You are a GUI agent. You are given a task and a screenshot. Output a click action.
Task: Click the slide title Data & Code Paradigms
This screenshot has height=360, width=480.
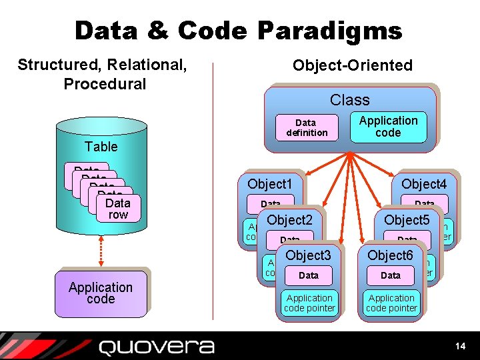239,31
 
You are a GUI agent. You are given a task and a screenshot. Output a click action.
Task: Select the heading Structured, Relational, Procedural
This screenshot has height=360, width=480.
102,74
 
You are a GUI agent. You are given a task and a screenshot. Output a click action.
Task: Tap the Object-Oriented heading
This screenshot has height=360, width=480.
352,65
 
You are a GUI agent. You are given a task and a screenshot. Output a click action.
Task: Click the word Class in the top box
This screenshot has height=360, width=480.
349,100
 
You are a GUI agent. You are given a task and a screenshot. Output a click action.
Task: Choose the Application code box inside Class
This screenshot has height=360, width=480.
388,127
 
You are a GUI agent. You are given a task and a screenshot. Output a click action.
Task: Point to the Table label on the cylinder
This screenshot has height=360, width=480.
101,147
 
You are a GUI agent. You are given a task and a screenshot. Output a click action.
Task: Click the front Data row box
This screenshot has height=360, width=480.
118,208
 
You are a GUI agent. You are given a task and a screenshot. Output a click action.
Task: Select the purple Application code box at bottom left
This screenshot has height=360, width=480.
101,293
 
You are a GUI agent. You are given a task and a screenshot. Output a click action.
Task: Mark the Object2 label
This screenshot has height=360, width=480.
290,220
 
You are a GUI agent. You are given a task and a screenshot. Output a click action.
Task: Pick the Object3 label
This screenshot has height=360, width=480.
308,255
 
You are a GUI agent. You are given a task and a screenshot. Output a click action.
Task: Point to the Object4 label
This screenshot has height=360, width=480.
424,183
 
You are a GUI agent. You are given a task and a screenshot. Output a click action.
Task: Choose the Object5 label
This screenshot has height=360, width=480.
407,220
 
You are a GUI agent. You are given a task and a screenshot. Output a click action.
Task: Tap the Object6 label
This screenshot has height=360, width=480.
390,255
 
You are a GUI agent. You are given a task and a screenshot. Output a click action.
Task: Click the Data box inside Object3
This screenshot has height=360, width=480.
309,275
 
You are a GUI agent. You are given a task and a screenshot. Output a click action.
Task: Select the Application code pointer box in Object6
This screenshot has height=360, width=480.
391,303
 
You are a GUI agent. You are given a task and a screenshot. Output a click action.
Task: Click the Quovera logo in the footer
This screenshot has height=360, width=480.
157,347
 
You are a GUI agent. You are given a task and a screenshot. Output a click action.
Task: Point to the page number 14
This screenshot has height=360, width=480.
459,346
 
